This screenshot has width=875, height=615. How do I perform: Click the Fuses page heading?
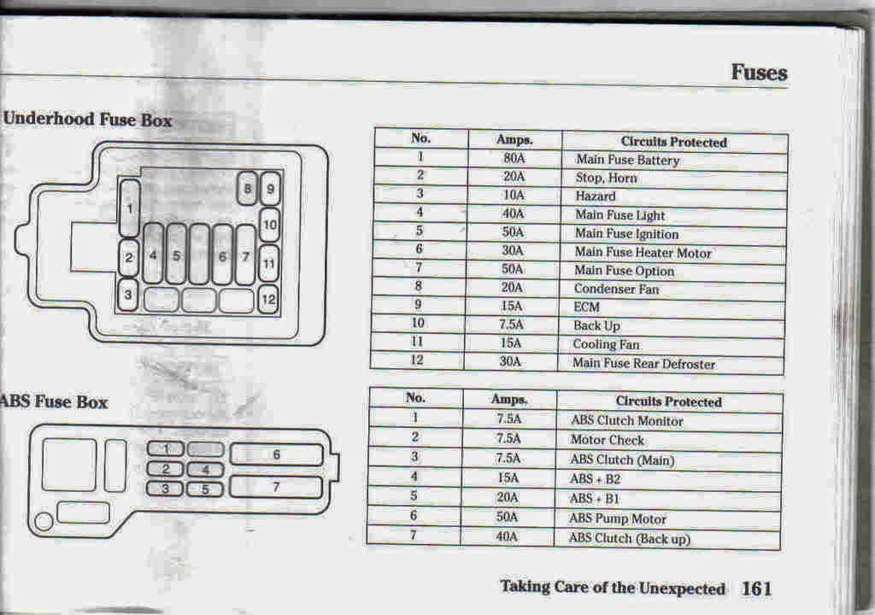click(759, 73)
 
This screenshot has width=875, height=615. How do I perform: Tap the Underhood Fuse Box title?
click(87, 120)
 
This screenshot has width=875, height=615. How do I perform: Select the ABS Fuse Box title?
click(55, 401)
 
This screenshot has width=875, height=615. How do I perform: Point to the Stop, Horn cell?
click(606, 179)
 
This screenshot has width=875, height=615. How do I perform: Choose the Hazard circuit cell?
click(596, 196)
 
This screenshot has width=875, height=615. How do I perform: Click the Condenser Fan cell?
click(616, 290)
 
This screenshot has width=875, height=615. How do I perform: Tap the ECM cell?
click(587, 307)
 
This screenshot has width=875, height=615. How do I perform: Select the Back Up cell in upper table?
click(596, 326)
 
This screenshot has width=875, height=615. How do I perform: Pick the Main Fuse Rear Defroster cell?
click(644, 364)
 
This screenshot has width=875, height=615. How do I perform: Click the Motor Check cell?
click(608, 441)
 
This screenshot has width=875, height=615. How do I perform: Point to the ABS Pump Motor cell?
click(618, 518)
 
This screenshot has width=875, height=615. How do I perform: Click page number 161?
click(756, 589)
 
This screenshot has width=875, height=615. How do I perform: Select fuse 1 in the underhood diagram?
click(130, 208)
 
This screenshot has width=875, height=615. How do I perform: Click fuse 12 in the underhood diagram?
click(268, 300)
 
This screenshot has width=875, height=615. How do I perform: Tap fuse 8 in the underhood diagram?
click(247, 188)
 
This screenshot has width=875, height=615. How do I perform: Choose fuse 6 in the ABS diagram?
click(276, 455)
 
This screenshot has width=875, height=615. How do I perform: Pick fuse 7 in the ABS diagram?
click(276, 488)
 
